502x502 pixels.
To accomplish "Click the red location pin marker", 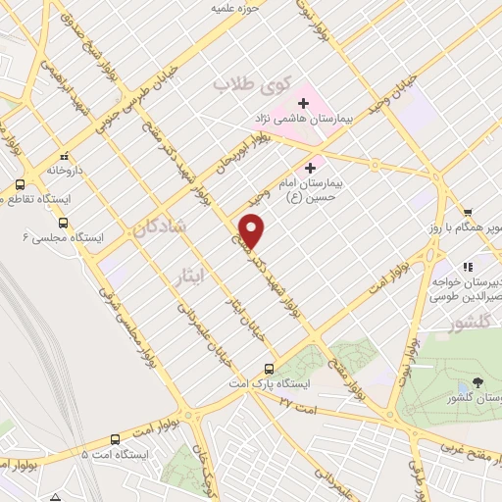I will click(x=253, y=230).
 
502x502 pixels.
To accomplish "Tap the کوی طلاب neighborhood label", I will click(x=241, y=85).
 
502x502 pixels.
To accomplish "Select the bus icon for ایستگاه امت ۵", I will click(x=115, y=440).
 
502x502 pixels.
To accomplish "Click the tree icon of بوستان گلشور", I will click(x=477, y=382).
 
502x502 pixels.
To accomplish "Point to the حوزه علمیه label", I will click(x=235, y=8).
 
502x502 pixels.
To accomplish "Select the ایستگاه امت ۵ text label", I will click(x=115, y=456).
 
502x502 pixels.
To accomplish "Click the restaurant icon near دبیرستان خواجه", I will click(x=468, y=266).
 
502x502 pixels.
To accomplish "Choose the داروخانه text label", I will click(x=63, y=169).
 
